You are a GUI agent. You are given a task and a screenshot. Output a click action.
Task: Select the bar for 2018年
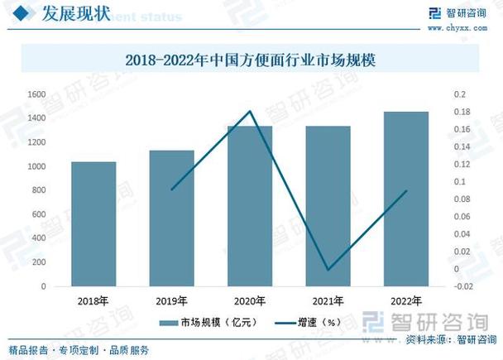[x=93, y=223]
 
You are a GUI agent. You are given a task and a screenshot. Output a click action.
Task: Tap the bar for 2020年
[x=250, y=206]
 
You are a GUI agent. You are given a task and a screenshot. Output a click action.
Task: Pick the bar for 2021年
[x=328, y=206]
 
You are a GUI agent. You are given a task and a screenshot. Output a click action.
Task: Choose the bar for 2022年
[x=405, y=199]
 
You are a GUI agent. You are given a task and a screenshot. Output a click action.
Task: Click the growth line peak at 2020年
[x=250, y=111]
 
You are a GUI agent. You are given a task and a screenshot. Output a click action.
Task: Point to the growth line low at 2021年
[x=328, y=270]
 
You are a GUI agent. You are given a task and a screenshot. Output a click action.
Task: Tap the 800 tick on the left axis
[x=38, y=190]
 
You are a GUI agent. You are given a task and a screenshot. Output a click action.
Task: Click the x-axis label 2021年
[x=328, y=300]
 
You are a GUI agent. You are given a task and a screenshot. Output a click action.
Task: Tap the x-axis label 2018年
[x=93, y=300]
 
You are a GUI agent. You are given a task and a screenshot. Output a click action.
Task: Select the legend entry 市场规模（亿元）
[x=210, y=322]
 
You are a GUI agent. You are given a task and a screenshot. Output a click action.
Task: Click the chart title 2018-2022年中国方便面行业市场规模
[x=251, y=60]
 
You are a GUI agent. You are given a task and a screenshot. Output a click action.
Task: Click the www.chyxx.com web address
[x=457, y=28]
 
